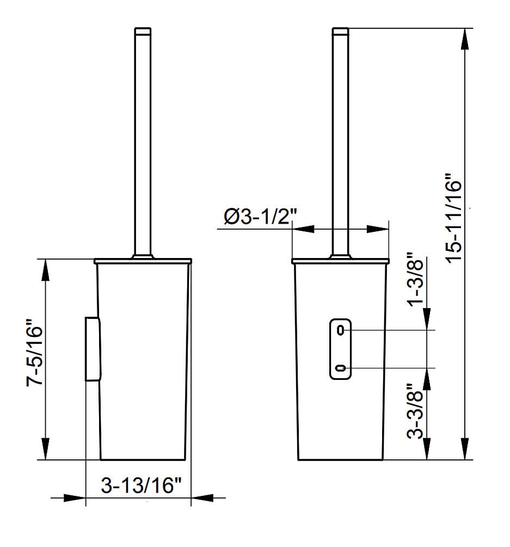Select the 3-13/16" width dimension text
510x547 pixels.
click(142, 485)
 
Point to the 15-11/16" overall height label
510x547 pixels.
click(454, 222)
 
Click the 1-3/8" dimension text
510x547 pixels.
click(415, 279)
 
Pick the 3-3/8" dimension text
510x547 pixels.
click(415, 411)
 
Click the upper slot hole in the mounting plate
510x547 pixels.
click(341, 330)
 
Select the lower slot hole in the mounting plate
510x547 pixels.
click(341, 368)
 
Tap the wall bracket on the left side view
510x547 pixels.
click(93, 349)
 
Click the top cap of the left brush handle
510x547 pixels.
click(143, 32)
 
